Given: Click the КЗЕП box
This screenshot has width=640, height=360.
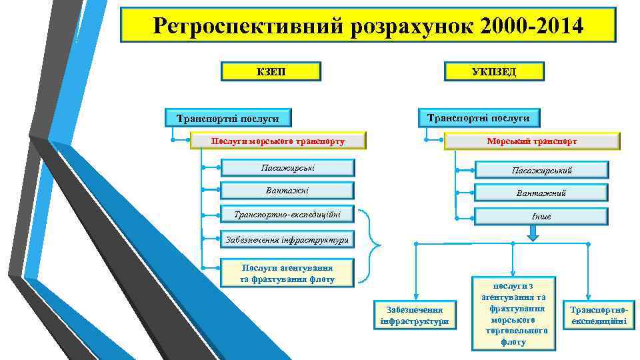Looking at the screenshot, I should (271, 71).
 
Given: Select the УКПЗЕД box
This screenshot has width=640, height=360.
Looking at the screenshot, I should (493, 71).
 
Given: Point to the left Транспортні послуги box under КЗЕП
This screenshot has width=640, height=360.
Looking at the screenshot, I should (228, 119).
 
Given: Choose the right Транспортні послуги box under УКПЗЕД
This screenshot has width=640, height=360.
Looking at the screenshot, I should (478, 117).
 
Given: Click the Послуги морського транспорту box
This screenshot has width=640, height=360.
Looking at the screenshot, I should (278, 141).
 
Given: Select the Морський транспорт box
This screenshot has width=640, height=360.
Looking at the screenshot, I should (531, 141).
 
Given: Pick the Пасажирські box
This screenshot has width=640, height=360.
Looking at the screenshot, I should (287, 167).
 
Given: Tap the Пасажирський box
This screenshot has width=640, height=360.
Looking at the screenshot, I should (541, 171).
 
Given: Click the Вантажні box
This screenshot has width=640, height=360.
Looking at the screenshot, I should (287, 191).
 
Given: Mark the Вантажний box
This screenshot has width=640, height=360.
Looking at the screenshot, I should (541, 193).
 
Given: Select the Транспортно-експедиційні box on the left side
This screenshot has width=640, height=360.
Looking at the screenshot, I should (287, 215).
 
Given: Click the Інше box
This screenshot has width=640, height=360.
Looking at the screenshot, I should (541, 217).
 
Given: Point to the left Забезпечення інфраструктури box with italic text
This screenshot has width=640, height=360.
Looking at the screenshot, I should (287, 239).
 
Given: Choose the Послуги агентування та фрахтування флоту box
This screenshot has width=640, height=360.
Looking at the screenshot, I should (287, 273).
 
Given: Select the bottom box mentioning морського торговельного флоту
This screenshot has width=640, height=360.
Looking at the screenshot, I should (513, 313).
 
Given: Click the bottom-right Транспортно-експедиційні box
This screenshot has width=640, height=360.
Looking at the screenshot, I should (597, 315).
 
